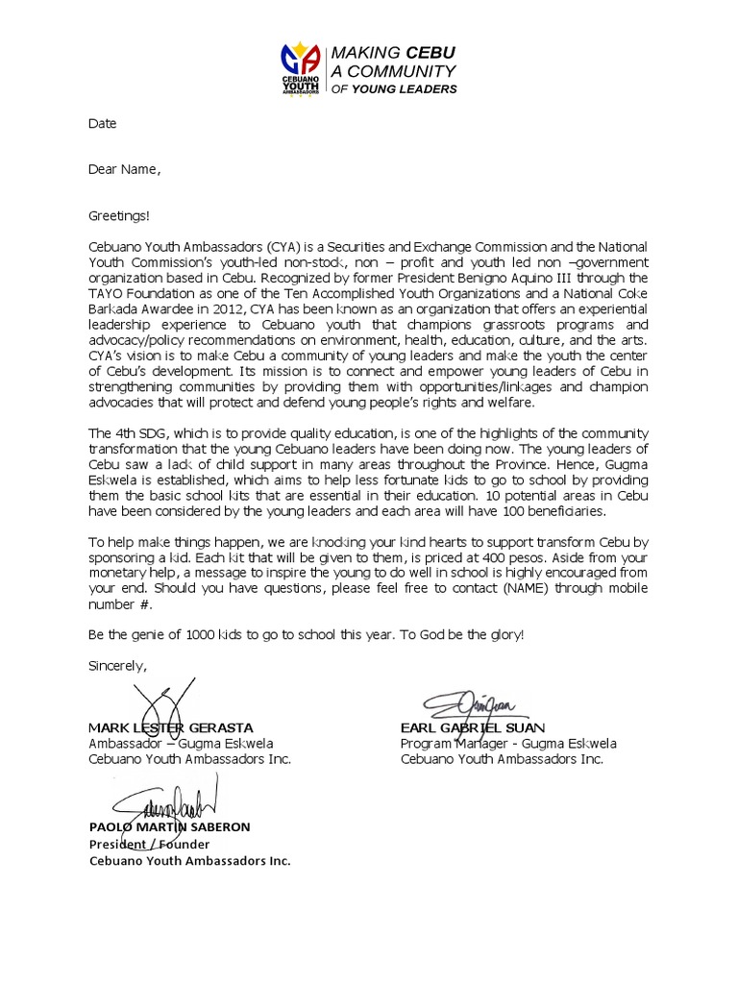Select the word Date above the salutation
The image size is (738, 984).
pos(103,124)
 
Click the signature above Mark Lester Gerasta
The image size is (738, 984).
pos(162,700)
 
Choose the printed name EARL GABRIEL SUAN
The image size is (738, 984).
pos(472,727)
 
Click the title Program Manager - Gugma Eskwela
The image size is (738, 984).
pos(508,744)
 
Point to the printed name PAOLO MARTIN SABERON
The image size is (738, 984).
pos(169,827)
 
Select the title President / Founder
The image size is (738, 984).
pos(149,844)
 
